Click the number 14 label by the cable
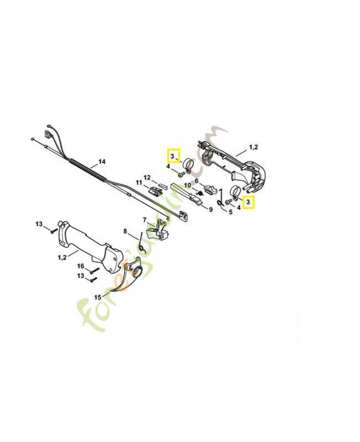click(x=102, y=162)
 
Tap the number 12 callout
click(x=147, y=177)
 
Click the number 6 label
click(x=196, y=181)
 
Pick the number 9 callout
click(x=210, y=209)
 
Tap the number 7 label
click(x=145, y=220)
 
